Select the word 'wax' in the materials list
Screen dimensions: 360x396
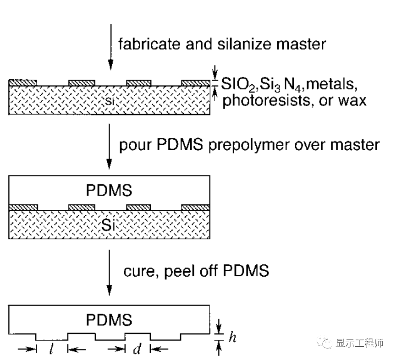coord(353,100)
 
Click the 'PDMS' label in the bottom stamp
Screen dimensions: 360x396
coord(109,319)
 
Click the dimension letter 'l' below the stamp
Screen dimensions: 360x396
coord(50,349)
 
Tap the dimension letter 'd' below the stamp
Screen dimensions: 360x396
coord(137,349)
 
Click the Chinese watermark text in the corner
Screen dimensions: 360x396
coord(359,344)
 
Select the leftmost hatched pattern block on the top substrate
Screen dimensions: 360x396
coord(23,82)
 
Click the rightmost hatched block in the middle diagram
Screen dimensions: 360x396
coord(196,207)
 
